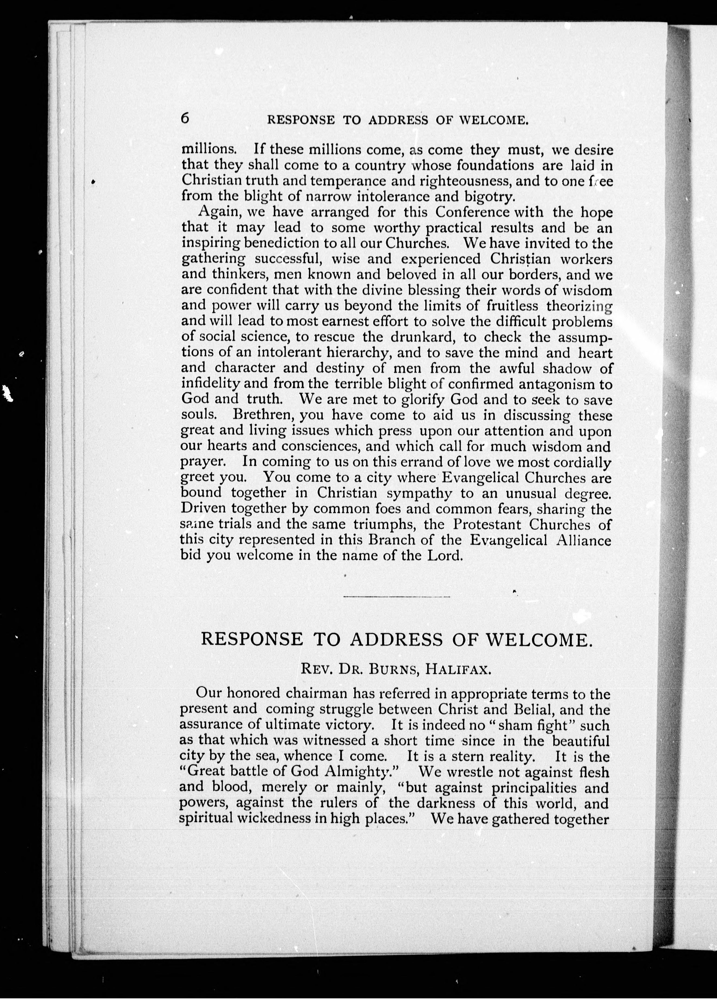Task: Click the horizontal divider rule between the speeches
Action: [396, 597]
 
